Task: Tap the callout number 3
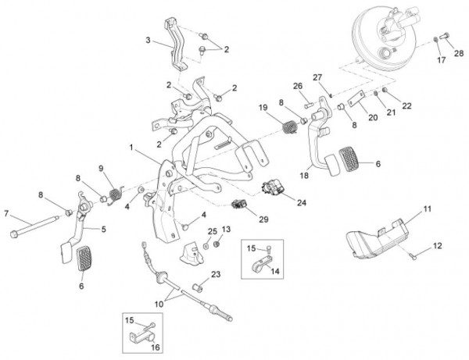tap(146, 40)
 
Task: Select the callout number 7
tap(6, 213)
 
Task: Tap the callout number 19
tap(263, 108)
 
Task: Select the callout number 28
tap(459, 52)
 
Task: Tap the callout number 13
tap(227, 229)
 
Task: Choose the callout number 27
tap(318, 77)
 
